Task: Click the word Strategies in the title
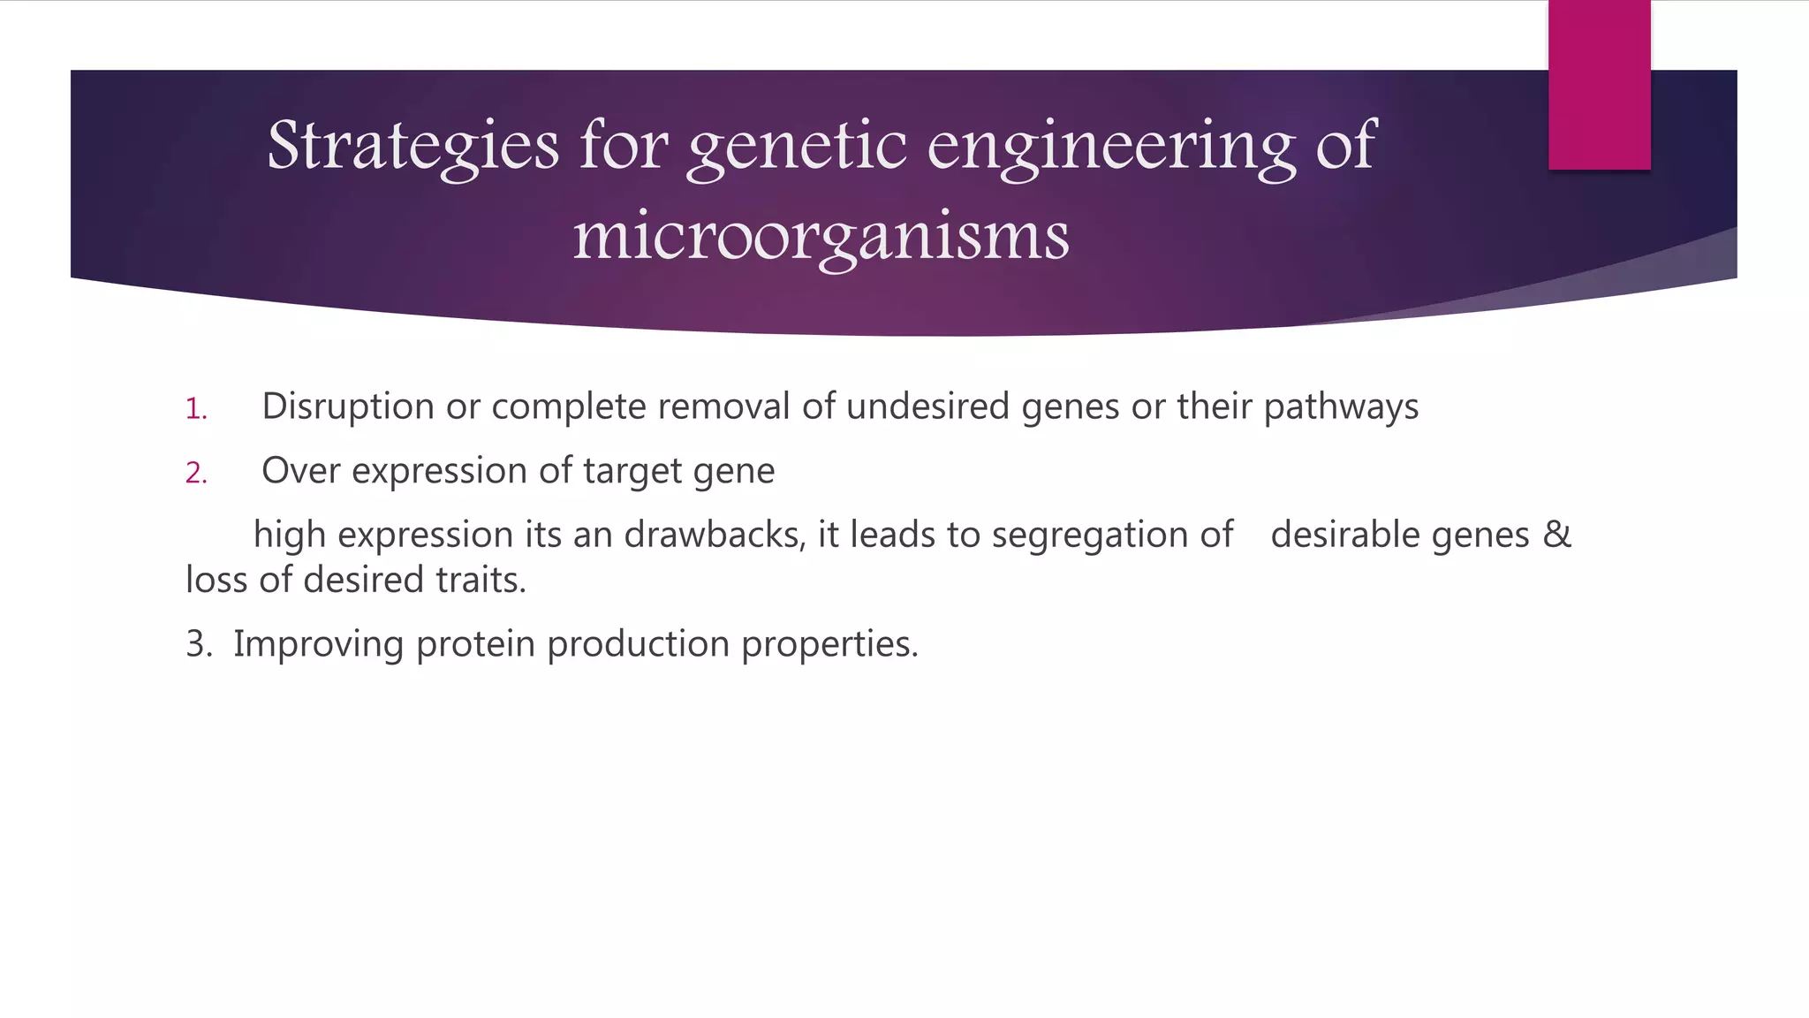413,146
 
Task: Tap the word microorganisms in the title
821,237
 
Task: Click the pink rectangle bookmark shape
1599,85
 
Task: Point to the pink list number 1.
195,409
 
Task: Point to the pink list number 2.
195,474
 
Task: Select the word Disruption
348,406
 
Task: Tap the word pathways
1341,406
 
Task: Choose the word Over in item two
300,471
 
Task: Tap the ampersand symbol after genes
1556,535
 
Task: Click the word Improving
318,644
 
